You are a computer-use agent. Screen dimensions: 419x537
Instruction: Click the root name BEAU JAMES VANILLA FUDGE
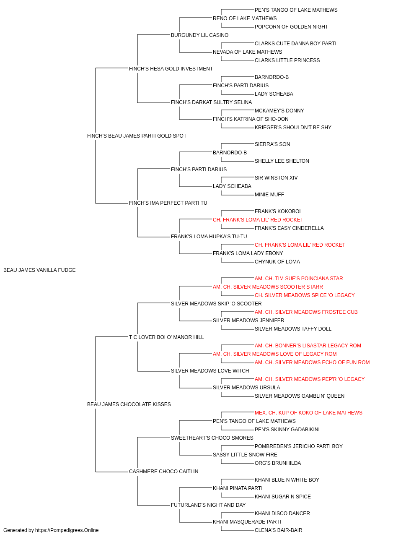39,270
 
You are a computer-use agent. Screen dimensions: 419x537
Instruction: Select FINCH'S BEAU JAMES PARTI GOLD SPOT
137,136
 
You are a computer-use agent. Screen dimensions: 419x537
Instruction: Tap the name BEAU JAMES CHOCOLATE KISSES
129,404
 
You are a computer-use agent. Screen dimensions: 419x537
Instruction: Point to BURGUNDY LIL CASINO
199,35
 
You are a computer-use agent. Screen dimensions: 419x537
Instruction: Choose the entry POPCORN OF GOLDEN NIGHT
291,27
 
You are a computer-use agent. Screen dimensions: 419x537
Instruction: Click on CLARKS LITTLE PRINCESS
287,60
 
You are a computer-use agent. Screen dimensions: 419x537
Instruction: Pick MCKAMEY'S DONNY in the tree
279,111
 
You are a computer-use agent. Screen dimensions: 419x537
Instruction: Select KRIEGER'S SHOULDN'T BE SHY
293,128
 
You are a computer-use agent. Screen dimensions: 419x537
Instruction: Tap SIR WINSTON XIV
276,178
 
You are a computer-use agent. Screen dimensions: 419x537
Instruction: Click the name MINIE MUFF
269,195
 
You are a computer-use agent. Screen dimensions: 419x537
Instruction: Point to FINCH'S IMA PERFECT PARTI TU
168,203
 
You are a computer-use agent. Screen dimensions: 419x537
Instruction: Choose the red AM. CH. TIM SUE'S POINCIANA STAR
299,279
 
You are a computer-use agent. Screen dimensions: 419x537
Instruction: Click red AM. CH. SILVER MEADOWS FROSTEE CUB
306,312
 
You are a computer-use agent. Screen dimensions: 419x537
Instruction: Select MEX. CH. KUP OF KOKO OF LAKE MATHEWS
308,413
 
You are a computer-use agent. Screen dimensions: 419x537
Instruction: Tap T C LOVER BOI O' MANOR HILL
166,337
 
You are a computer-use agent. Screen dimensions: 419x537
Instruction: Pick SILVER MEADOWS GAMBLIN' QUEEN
299,396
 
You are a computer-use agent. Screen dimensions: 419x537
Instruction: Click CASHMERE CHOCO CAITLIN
163,472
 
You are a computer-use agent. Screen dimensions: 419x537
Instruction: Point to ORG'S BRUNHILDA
278,463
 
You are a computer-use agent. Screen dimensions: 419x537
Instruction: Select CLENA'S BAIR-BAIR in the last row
278,530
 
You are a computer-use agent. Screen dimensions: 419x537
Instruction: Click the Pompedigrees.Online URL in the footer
67,530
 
